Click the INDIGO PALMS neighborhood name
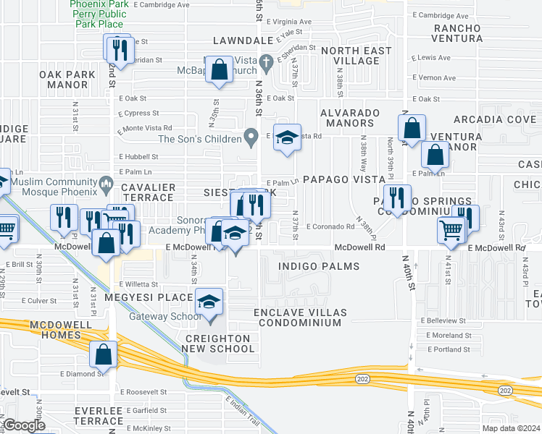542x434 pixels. (320, 267)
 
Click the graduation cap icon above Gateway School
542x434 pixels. (209, 302)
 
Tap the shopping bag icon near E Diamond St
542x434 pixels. (103, 354)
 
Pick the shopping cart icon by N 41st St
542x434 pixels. (451, 229)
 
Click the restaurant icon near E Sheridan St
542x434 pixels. (116, 49)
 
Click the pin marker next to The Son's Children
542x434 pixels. (251, 135)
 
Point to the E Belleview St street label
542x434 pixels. (445, 320)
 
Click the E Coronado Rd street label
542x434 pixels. (330, 226)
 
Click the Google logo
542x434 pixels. (23, 425)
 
